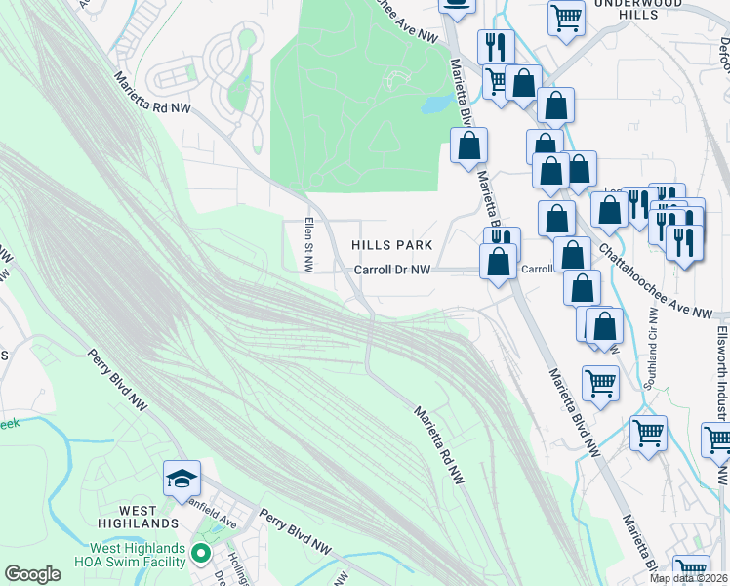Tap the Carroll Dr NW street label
391,270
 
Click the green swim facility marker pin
201,554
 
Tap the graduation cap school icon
182,479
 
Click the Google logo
32,574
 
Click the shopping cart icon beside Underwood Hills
566,17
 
